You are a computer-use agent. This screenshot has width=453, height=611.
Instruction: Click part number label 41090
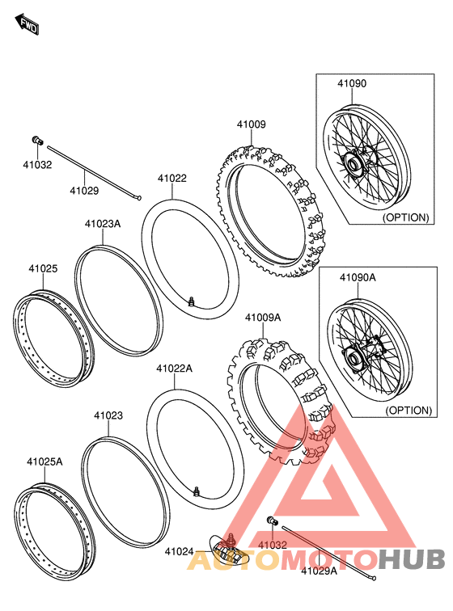tap(352, 83)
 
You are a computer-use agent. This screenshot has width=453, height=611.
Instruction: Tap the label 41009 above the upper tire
tap(251, 125)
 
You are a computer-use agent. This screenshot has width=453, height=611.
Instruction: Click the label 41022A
tap(174, 368)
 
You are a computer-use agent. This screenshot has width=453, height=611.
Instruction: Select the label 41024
tap(180, 552)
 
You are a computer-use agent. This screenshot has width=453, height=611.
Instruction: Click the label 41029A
tap(319, 571)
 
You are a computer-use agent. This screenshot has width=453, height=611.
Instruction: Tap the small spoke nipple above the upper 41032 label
tap(37, 141)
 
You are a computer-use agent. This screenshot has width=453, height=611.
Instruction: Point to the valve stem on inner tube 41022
tap(192, 301)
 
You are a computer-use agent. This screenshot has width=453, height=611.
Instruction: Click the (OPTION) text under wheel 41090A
tap(408, 410)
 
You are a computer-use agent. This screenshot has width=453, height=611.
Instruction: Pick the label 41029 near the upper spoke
tap(83, 191)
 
